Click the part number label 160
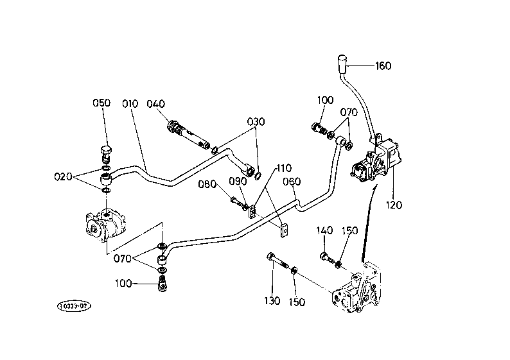[383, 66]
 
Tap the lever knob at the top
[342, 64]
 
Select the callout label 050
[101, 103]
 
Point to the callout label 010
[130, 104]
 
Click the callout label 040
[156, 104]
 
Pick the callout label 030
[256, 122]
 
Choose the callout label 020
[63, 176]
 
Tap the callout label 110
[285, 168]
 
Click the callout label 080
[207, 184]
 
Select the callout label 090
[238, 182]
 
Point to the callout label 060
[292, 182]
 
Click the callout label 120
[394, 205]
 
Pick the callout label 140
[324, 230]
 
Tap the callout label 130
[272, 301]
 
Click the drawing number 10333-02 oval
[74, 306]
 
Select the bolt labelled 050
[106, 155]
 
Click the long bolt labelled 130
[277, 261]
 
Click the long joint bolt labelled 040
[189, 135]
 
